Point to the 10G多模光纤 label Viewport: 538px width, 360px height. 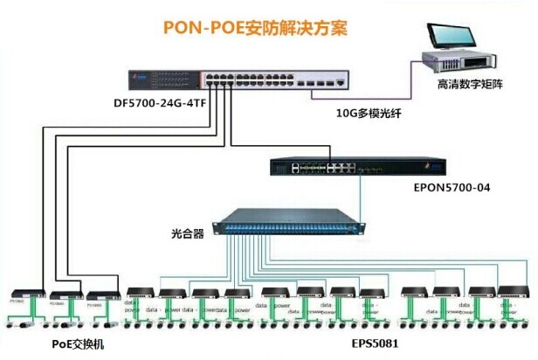pos(372,112)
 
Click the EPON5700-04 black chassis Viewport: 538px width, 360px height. pos(359,166)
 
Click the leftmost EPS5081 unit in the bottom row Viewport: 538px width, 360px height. pos(141,294)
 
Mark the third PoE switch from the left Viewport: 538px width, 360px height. pos(100,294)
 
